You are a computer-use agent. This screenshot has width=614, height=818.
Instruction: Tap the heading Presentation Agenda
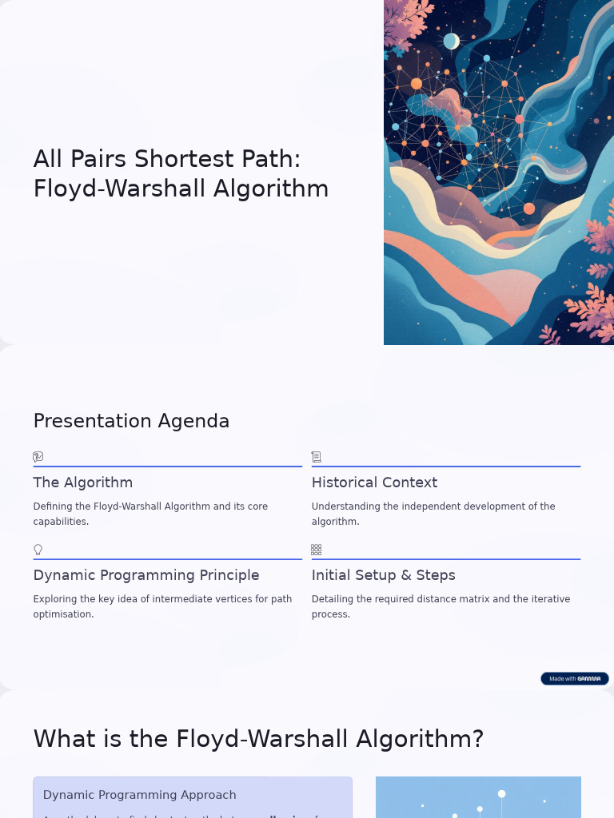131,421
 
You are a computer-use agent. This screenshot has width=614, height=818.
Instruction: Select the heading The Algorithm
82,482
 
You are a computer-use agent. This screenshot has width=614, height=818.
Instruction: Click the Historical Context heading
374,482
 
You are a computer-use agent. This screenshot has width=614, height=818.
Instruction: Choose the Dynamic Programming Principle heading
146,575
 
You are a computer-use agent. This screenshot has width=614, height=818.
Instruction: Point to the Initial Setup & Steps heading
383,575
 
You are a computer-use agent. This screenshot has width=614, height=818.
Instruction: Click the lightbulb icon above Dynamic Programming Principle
38,550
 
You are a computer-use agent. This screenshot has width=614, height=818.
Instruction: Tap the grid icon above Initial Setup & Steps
317,550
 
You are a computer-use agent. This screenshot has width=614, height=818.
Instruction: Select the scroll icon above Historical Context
317,457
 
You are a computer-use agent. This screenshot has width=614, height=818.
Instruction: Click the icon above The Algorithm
38,457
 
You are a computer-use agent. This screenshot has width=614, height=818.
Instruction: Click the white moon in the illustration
452,41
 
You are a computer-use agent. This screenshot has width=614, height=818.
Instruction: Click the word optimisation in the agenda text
63,614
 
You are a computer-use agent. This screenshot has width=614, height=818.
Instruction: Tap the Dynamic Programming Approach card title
139,795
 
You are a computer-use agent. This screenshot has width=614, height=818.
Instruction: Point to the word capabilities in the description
60,522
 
